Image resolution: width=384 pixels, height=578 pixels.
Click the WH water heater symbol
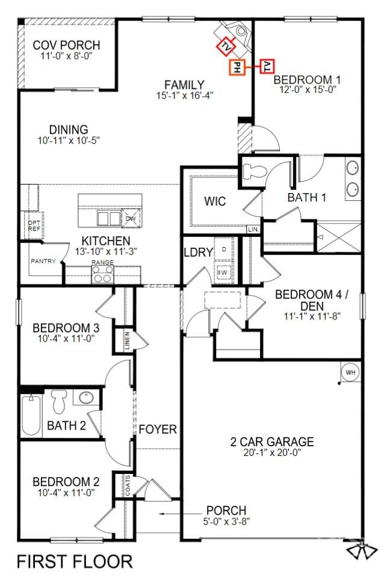click(350, 372)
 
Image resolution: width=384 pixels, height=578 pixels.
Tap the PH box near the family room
click(237, 67)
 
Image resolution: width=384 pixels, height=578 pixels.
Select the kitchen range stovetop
click(102, 275)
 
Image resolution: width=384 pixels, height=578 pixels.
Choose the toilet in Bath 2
click(59, 401)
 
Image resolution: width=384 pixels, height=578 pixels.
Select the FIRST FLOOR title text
click(75, 562)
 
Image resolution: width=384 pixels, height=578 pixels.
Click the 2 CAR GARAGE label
click(272, 442)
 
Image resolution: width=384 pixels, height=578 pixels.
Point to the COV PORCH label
click(66, 45)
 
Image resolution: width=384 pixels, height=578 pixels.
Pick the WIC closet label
click(215, 201)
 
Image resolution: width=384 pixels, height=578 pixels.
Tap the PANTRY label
click(43, 261)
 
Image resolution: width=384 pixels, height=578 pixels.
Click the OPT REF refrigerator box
click(34, 225)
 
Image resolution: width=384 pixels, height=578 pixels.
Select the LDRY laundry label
click(199, 253)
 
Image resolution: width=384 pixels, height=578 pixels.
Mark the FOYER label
click(158, 429)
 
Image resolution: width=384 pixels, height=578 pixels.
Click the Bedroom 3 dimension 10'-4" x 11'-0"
click(66, 340)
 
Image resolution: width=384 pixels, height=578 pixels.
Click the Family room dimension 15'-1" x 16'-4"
click(184, 95)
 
